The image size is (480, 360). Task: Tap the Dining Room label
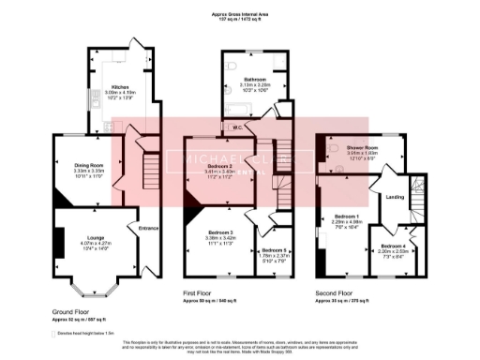(x=88, y=166)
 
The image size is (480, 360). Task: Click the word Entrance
(x=150, y=228)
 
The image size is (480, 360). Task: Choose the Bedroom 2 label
(x=219, y=166)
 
